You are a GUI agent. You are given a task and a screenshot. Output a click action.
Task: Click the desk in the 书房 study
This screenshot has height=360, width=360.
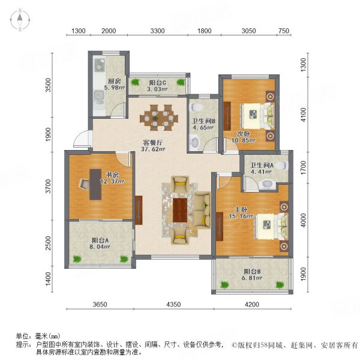[x=95, y=184]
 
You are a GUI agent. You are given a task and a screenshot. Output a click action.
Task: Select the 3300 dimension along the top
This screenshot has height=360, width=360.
[x=157, y=31]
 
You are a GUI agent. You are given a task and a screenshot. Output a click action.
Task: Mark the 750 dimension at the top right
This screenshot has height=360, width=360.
[x=284, y=31]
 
